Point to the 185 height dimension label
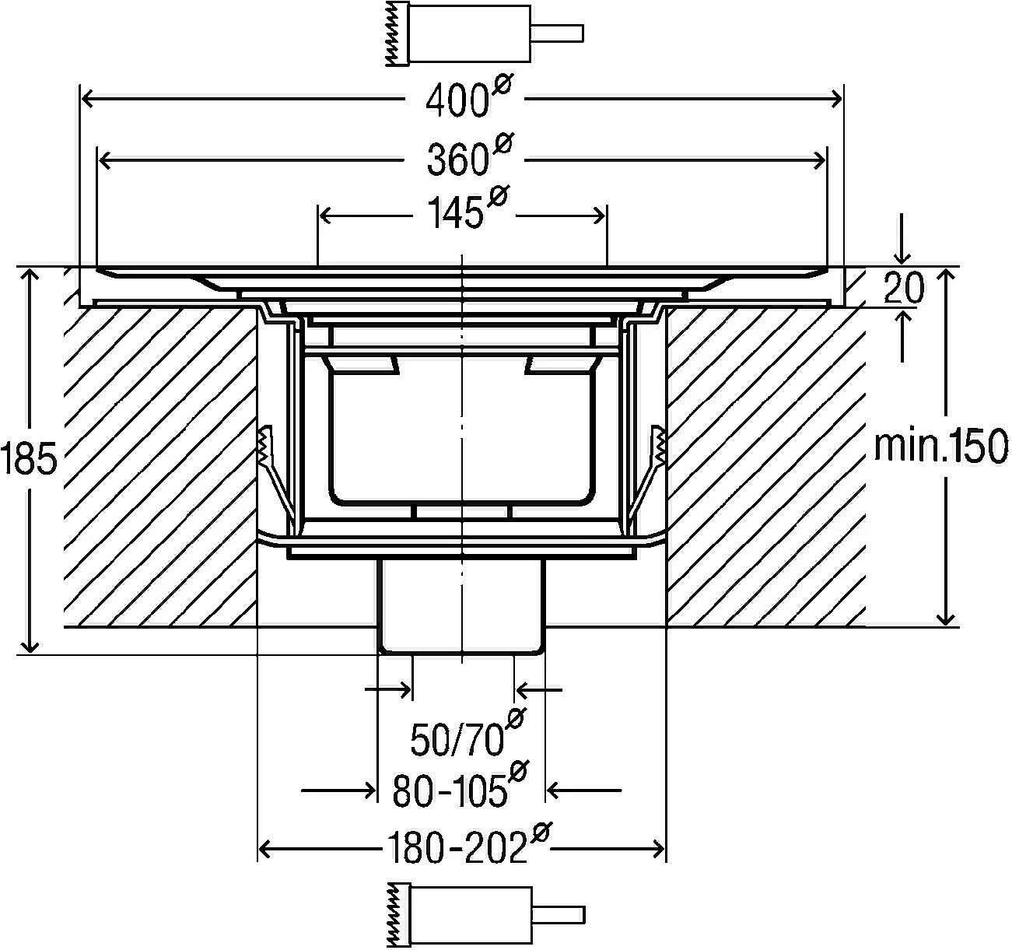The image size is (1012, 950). pyautogui.click(x=28, y=459)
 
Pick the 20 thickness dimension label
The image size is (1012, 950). pyautogui.click(x=903, y=288)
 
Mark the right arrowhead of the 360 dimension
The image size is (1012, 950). pyautogui.click(x=820, y=161)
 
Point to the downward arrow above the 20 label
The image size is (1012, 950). pyautogui.click(x=902, y=239)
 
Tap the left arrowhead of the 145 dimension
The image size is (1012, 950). pyautogui.click(x=326, y=216)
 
